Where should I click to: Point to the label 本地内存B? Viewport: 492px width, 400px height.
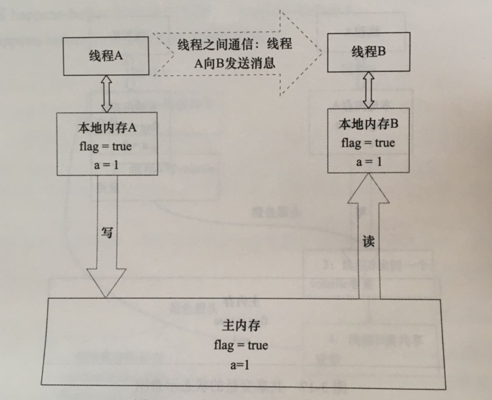click(368, 125)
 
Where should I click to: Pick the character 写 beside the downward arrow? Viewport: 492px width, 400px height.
click(107, 232)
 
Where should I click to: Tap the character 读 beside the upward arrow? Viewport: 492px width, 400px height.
click(369, 241)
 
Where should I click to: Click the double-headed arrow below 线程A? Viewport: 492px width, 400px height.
click(106, 93)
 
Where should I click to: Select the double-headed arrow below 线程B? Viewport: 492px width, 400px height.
click(368, 88)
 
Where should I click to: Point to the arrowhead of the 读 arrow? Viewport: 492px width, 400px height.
click(368, 188)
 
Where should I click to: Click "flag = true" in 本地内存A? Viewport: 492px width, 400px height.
click(106, 146)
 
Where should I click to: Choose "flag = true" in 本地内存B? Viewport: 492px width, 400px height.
click(368, 143)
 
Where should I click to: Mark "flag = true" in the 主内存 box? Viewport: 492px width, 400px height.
click(241, 346)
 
